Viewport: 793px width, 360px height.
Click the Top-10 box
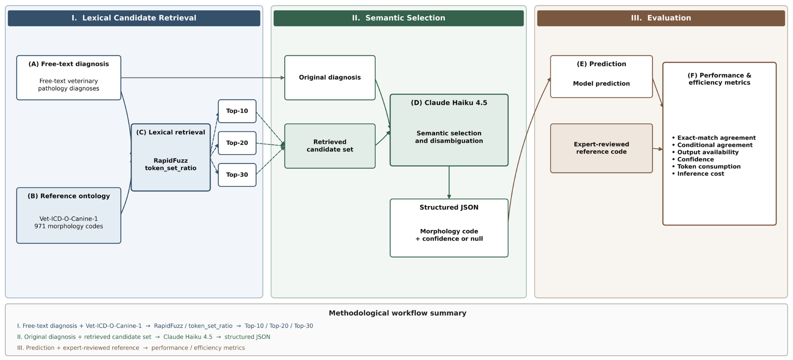click(x=237, y=111)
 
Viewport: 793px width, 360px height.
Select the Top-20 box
click(x=237, y=143)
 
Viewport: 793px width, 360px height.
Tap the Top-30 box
click(x=237, y=175)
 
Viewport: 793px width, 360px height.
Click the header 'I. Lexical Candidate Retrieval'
click(x=134, y=18)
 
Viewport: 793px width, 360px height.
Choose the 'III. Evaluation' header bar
click(x=661, y=18)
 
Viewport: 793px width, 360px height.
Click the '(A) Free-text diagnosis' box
click(x=69, y=78)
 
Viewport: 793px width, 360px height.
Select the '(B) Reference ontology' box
click(x=69, y=215)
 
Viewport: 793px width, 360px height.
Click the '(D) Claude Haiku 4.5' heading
click(x=449, y=103)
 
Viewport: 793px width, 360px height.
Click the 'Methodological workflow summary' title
click(x=397, y=313)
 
